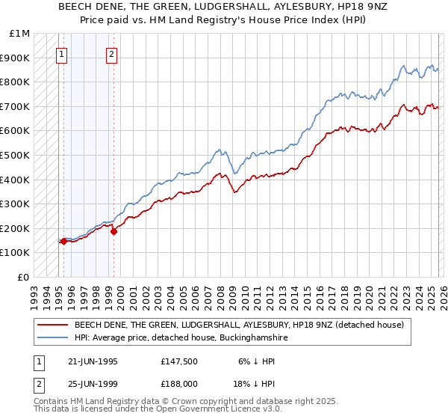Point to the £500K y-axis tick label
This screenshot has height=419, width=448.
pyautogui.click(x=16, y=155)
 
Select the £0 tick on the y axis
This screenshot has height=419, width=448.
pyautogui.click(x=23, y=277)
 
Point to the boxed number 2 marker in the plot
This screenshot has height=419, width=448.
pyautogui.click(x=112, y=54)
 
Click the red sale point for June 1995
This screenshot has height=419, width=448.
pyautogui.click(x=64, y=241)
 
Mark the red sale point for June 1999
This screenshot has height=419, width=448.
pyautogui.click(x=113, y=231)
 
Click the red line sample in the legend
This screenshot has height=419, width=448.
pyautogui.click(x=52, y=325)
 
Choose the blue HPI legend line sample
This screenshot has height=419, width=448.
pyautogui.click(x=52, y=338)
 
